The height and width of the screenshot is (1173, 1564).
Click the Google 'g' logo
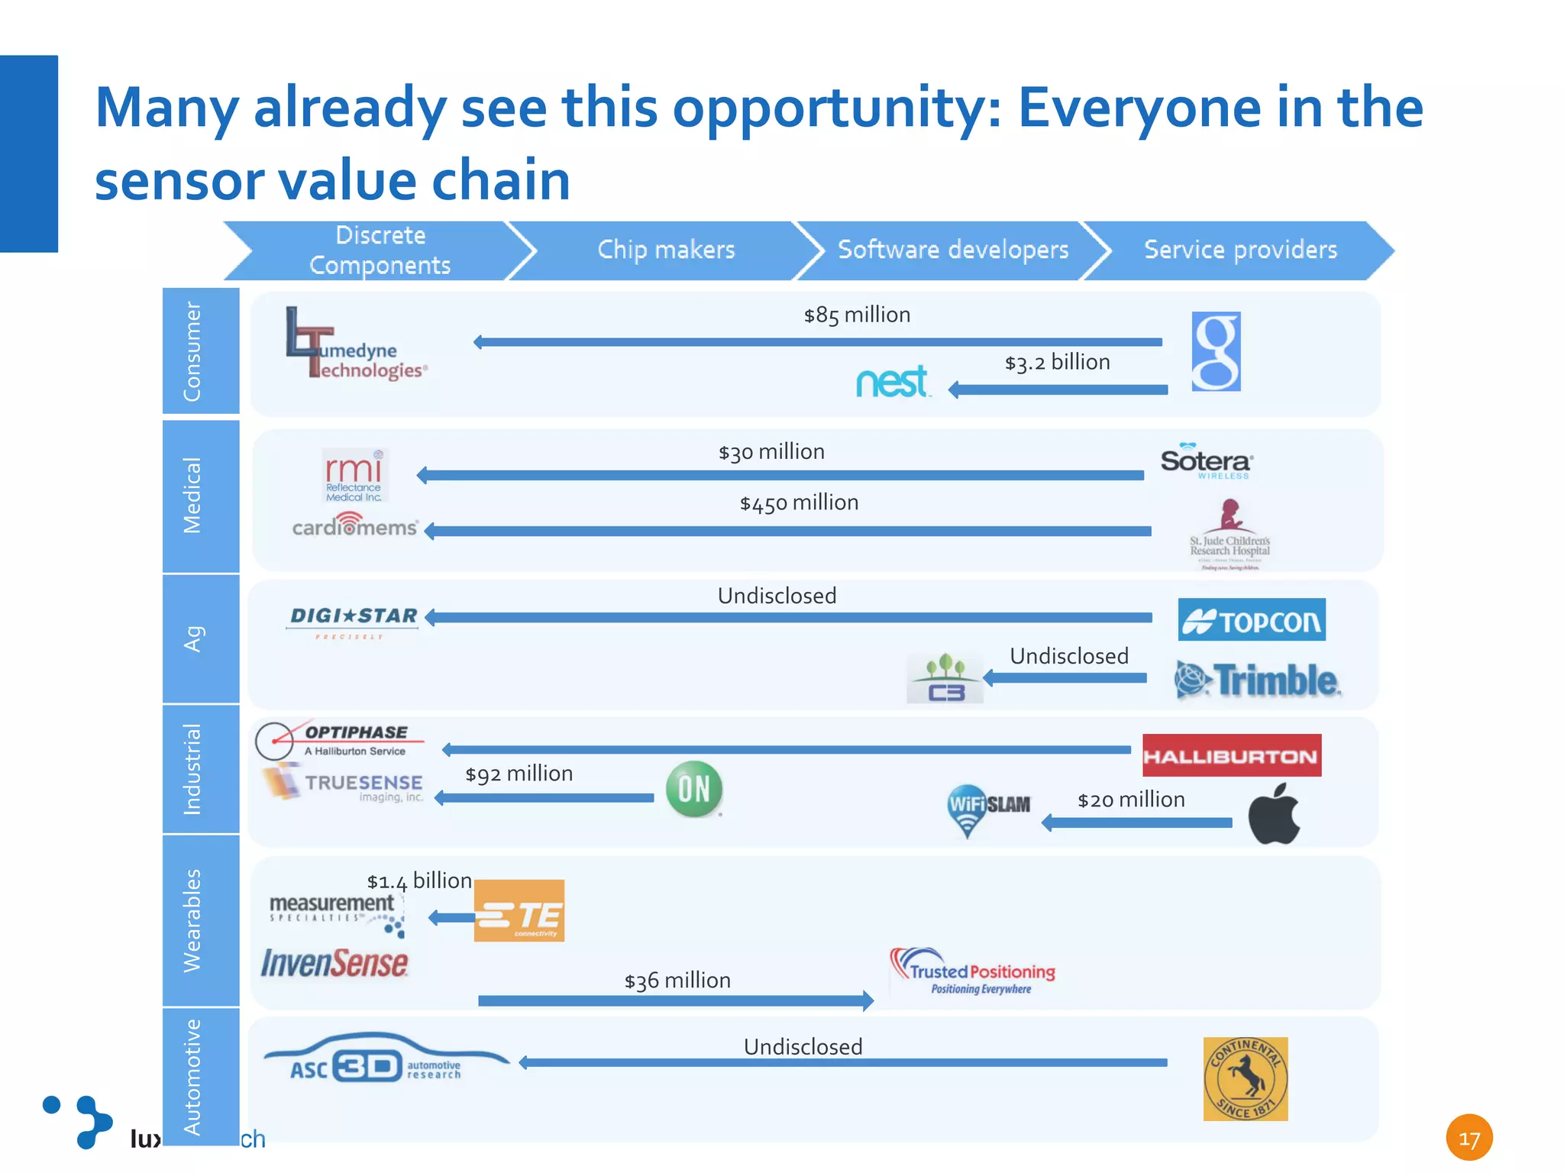tap(1216, 351)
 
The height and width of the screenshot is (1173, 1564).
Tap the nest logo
tap(892, 382)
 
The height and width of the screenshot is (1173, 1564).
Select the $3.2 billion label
tap(1057, 363)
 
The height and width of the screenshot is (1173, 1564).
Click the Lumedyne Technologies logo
tap(355, 345)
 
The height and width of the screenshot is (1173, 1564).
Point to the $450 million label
tap(799, 503)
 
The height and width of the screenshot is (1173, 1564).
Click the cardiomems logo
tap(354, 525)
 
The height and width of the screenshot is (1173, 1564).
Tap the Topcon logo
tap(1252, 619)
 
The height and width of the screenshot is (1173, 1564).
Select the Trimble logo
tap(1258, 680)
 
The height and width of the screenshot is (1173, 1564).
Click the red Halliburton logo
tap(1231, 755)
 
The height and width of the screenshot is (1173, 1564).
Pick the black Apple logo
tap(1274, 814)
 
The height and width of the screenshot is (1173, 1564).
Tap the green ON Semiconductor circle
tap(693, 789)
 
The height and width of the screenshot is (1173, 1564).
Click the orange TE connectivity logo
tap(519, 910)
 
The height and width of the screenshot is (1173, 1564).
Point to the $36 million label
tap(677, 981)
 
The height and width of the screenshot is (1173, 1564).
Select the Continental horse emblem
tap(1245, 1078)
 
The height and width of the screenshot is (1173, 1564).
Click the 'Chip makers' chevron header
tap(666, 250)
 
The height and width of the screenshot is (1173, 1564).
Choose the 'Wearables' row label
tap(193, 920)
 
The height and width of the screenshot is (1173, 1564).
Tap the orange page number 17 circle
tap(1469, 1138)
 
